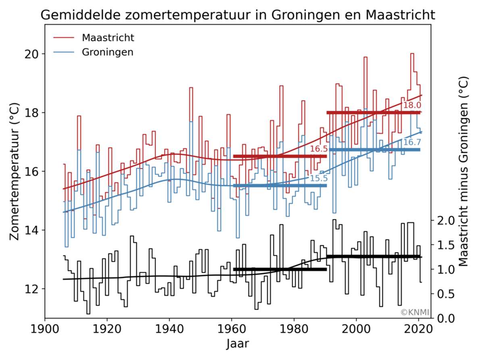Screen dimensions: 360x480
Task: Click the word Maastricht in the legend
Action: point(108,38)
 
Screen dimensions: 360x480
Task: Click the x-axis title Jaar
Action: point(238,344)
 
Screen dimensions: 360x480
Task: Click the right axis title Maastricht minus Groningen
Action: point(463,171)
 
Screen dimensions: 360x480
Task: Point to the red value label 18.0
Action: point(412,106)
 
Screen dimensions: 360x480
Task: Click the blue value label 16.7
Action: point(412,142)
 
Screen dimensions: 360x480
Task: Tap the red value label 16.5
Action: point(318,149)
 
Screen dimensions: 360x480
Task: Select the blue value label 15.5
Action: point(318,179)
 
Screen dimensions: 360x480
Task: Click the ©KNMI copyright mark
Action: point(415,312)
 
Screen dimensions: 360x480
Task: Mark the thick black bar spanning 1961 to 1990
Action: point(280,269)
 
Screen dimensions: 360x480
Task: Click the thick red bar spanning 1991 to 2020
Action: point(373,113)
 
